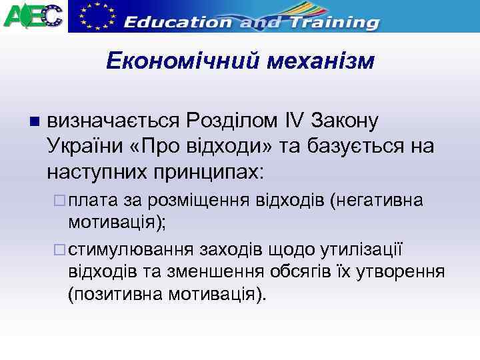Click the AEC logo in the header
coord(33,15)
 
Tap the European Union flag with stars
coord(95,16)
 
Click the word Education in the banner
coord(177,21)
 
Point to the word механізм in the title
coord(321,62)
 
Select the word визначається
coord(114,121)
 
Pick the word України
coord(81,145)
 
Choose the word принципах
coord(207,171)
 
